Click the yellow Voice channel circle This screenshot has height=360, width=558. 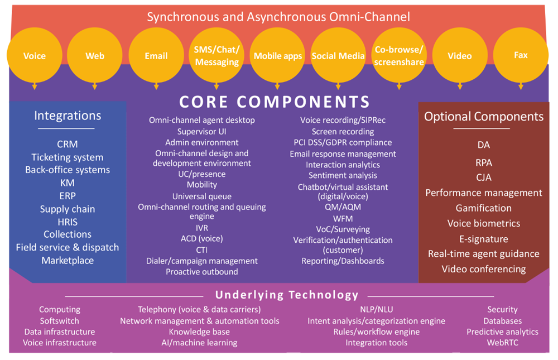[35, 56]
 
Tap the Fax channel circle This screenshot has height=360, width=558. [521, 55]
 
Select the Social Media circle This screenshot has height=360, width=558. [338, 56]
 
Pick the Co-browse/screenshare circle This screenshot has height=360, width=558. [398, 56]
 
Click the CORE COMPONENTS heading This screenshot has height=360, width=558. [275, 102]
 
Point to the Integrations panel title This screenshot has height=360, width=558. [68, 116]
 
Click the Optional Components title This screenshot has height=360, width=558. [484, 117]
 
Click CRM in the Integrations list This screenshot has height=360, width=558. [67, 145]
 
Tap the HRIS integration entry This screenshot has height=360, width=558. [68, 222]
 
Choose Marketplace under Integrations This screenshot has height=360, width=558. [68, 260]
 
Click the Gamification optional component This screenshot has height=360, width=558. [483, 208]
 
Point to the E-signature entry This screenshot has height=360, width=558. [483, 239]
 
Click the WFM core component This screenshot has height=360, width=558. [343, 218]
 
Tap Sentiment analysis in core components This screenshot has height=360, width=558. [343, 175]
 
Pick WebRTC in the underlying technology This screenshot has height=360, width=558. [502, 343]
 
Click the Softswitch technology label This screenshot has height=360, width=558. [60, 321]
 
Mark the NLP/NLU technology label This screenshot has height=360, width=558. [376, 309]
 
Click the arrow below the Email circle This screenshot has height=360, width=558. [156, 86]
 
